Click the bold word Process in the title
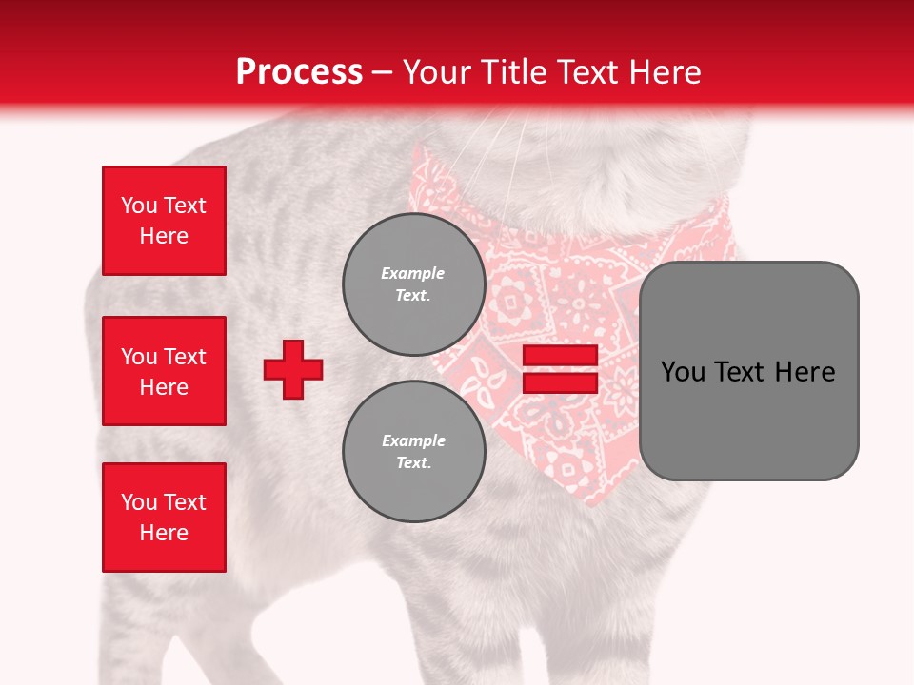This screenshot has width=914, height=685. (299, 71)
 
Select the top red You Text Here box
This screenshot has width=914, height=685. (164, 221)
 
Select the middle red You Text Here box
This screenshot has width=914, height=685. (164, 371)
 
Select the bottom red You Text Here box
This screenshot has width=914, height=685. (164, 517)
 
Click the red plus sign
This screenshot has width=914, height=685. (293, 369)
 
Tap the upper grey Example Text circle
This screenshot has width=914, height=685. (413, 284)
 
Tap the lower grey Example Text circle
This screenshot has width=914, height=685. (413, 451)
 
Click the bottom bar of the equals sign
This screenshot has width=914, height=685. (560, 382)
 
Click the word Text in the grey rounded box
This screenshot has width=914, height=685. (743, 372)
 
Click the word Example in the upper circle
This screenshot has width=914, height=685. (412, 273)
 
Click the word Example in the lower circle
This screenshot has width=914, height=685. (413, 440)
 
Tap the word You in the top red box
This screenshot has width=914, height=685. (139, 205)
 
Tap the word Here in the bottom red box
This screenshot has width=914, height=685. (164, 533)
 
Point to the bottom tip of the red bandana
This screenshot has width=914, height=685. (592, 502)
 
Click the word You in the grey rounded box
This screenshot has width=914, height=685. (684, 372)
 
